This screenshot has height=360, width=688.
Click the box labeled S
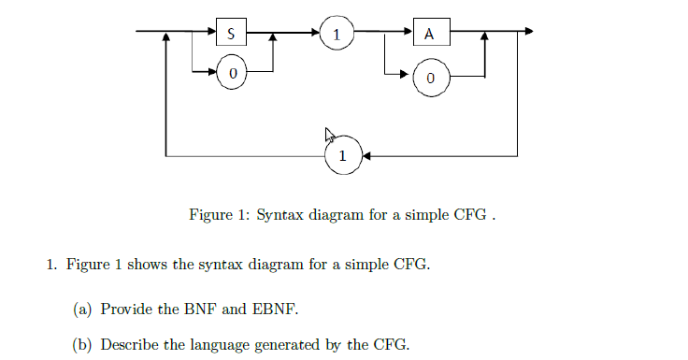click(x=231, y=34)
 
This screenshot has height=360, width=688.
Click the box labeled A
click(x=429, y=34)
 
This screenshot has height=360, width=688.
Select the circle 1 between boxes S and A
click(x=337, y=34)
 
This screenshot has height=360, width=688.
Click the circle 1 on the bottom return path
click(x=343, y=155)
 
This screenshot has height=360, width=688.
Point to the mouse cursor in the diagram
click(x=329, y=135)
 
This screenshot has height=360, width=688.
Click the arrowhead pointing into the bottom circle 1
click(x=365, y=155)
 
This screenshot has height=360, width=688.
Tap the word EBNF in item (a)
click(x=279, y=308)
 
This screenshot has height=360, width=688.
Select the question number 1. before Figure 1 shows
click(x=52, y=266)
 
